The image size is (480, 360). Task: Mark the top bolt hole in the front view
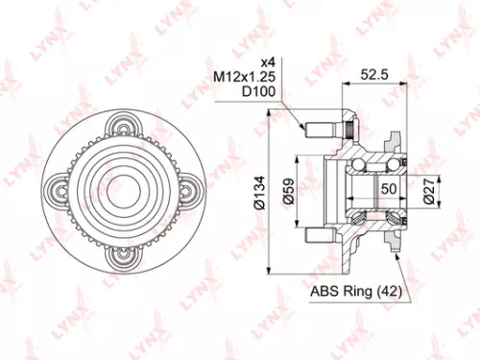point(124,125)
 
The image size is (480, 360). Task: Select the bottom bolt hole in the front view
point(124,255)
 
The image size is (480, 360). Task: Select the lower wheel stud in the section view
point(321,233)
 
